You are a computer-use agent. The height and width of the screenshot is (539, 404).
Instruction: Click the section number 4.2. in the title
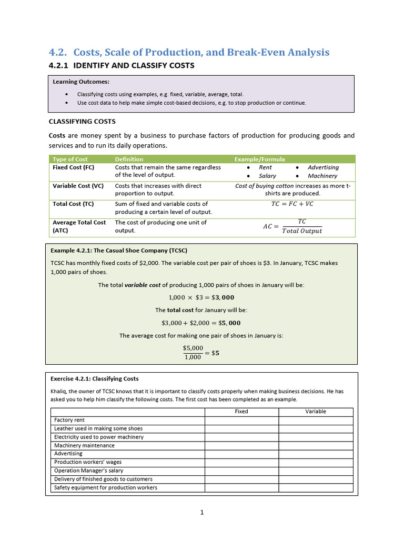(x=58, y=52)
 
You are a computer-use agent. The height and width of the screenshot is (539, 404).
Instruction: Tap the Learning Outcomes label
(x=81, y=82)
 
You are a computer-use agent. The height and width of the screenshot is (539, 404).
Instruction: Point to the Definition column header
(x=129, y=159)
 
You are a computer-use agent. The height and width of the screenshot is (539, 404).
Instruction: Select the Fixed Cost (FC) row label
(x=74, y=167)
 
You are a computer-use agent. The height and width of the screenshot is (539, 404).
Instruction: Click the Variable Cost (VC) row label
(x=78, y=186)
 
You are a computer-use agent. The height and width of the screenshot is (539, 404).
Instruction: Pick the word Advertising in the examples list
(x=323, y=167)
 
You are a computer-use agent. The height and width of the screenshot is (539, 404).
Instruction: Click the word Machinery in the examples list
(x=322, y=176)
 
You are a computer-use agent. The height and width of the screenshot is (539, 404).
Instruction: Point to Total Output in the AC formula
(x=302, y=231)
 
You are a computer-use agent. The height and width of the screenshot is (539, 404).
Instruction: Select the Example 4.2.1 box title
(x=119, y=251)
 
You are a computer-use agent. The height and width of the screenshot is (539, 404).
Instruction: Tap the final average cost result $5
(x=215, y=353)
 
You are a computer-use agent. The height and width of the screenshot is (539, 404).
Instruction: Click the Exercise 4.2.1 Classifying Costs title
(x=95, y=378)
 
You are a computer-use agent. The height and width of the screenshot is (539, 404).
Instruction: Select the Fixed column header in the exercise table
(x=241, y=412)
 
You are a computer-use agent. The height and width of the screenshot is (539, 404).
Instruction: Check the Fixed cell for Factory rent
(x=241, y=420)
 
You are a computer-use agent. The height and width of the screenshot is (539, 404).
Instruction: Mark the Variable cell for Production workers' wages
(x=316, y=462)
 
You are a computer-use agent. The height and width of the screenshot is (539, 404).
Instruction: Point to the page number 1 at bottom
(x=201, y=513)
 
